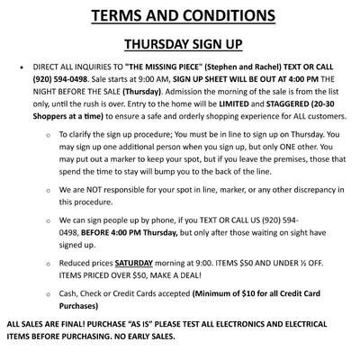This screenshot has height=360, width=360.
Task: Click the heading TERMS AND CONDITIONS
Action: tap(180, 16)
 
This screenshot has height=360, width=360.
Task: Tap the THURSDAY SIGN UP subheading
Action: tap(180, 45)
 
